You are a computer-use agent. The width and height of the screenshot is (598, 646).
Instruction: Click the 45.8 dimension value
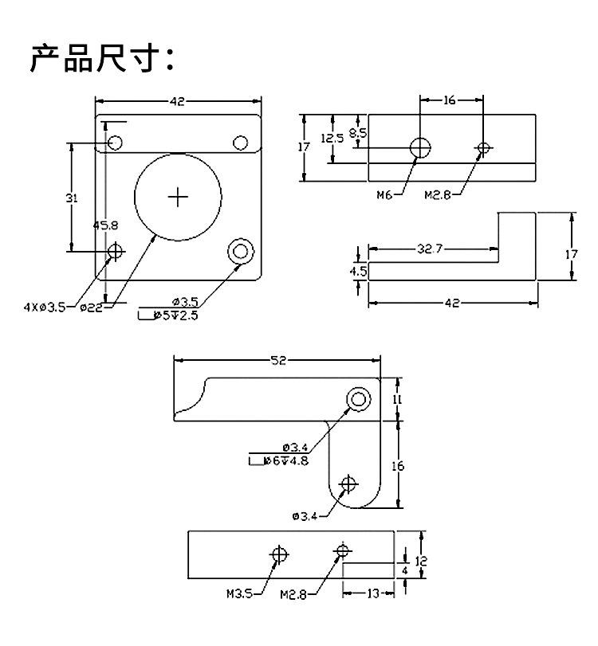click(x=105, y=225)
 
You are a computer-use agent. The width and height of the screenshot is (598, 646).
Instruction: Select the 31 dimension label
click(x=72, y=198)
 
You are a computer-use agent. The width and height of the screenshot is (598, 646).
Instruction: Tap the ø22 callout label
click(x=91, y=307)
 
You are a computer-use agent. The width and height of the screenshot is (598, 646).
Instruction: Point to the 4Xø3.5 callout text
click(x=44, y=307)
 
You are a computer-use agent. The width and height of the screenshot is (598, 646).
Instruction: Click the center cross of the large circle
click(x=178, y=198)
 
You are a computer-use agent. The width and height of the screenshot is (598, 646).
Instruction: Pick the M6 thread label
click(x=384, y=195)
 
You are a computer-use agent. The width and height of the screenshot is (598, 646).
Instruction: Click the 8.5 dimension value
click(x=358, y=133)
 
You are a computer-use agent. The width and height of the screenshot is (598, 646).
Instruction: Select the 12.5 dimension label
click(x=332, y=138)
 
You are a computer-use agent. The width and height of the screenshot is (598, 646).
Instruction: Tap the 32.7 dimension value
click(x=430, y=249)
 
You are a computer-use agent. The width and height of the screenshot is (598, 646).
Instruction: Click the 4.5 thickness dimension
click(x=358, y=271)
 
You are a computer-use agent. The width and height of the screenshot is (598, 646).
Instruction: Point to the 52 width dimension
click(x=278, y=361)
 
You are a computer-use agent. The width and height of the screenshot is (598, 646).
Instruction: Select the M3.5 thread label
click(x=240, y=593)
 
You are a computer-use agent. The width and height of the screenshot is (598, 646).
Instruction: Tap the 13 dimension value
click(x=373, y=593)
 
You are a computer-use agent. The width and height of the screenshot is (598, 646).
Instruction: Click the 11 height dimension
click(x=397, y=399)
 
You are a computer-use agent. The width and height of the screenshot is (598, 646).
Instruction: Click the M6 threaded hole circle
click(x=420, y=147)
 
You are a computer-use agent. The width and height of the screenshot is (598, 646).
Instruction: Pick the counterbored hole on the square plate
click(x=241, y=252)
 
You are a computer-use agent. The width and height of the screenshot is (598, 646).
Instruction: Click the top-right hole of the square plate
click(x=241, y=143)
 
